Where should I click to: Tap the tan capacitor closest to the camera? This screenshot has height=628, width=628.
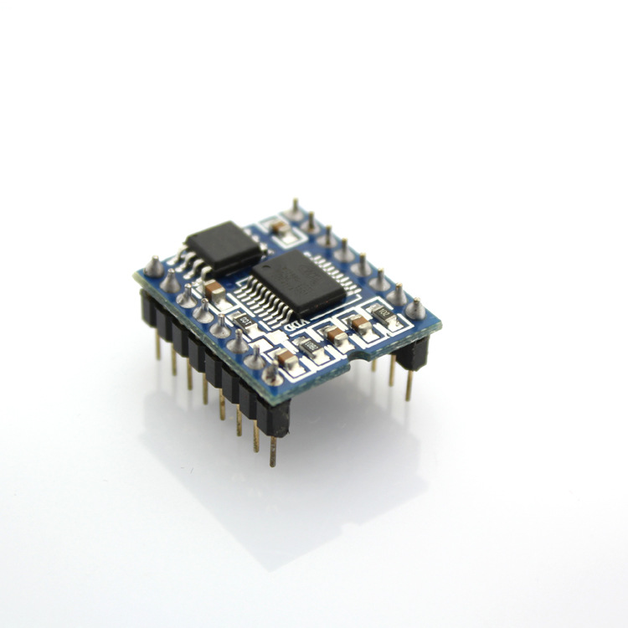coord(286,358)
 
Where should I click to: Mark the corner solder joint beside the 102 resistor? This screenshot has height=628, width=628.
coord(415,308)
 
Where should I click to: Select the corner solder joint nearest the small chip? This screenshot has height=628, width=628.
coord(153,266)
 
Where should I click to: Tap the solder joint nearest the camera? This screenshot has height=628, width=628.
coord(272,372)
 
